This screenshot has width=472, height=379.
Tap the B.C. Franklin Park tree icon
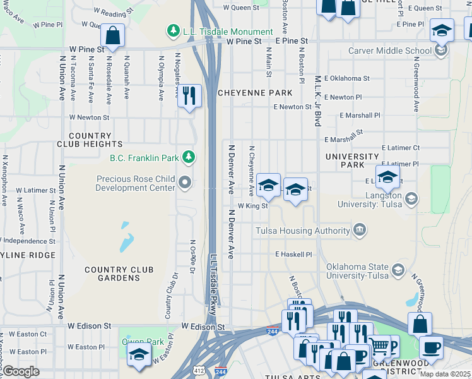click(187, 157)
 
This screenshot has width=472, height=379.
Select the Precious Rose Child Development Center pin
click(185, 183)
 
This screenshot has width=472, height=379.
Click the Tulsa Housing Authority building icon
click(359, 230)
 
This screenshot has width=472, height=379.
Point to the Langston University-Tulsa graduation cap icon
click(411, 199)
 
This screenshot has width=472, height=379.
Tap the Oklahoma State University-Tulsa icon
click(398, 270)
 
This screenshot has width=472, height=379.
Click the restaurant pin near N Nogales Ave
click(189, 97)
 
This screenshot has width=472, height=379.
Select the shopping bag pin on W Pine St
click(112, 35)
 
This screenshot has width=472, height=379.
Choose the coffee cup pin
click(431, 347)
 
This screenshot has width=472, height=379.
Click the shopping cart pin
click(379, 346)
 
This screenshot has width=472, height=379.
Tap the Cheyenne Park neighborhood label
click(255, 93)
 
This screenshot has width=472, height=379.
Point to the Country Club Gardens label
click(119, 274)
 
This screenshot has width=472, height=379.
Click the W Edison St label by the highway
click(203, 327)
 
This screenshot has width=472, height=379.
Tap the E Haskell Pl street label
click(293, 254)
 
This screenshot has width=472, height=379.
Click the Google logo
click(21, 371)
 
